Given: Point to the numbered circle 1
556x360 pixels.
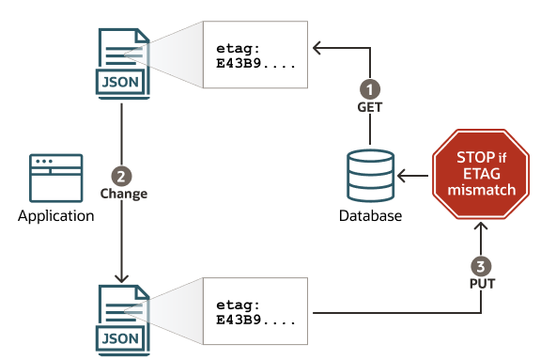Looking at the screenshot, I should (370, 88).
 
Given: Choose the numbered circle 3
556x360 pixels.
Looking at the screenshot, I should (480, 266).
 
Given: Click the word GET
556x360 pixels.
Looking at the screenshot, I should (370, 107).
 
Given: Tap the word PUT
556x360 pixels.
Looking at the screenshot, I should (480, 284).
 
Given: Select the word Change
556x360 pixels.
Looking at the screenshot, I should (123, 194).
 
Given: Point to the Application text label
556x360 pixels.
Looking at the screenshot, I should (56, 216).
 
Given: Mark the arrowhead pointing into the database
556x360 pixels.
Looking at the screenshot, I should (403, 175).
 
